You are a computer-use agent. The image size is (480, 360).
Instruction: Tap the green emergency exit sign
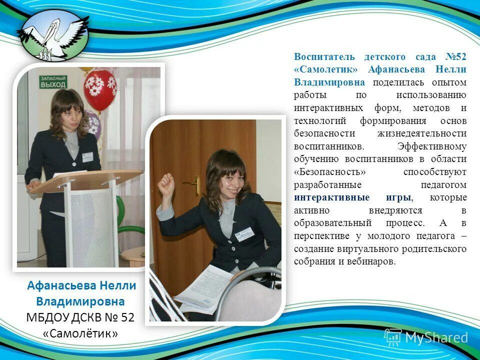[x=53, y=82]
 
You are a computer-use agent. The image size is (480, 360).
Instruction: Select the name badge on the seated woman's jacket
[x=244, y=233]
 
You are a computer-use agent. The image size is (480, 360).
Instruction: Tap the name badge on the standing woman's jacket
[x=87, y=156]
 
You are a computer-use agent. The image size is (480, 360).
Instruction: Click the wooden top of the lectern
[x=85, y=180]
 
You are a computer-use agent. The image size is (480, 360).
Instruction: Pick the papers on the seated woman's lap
[x=202, y=287]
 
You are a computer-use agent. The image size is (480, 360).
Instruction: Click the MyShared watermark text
[x=436, y=337]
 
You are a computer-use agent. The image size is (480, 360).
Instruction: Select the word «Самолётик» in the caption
[x=80, y=332]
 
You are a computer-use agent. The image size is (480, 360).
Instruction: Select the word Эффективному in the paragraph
[x=432, y=146]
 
